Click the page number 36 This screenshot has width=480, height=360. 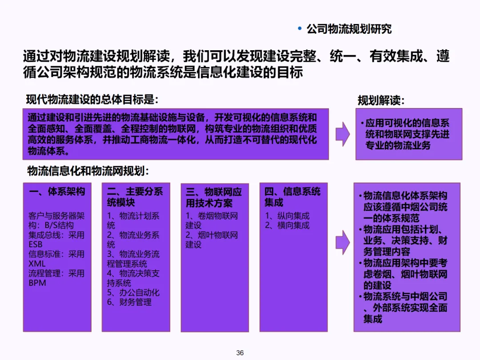240,352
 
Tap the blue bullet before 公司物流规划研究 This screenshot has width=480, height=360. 300,29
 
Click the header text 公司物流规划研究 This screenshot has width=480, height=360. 349,29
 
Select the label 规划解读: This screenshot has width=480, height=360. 381,100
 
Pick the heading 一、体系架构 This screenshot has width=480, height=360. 57,192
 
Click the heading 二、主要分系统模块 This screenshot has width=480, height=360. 135,197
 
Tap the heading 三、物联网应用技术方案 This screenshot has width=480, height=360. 214,197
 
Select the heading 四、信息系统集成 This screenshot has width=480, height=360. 292,197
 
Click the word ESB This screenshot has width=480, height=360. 36,244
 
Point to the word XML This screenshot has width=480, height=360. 37,264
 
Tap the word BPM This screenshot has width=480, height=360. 37,283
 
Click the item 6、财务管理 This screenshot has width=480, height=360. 129,302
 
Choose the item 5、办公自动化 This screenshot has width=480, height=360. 133,292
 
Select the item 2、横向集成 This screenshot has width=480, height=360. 288,225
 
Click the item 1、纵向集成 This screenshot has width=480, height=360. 288,216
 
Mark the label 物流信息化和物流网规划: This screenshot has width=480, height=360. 88,171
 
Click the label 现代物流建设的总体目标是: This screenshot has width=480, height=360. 92,100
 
